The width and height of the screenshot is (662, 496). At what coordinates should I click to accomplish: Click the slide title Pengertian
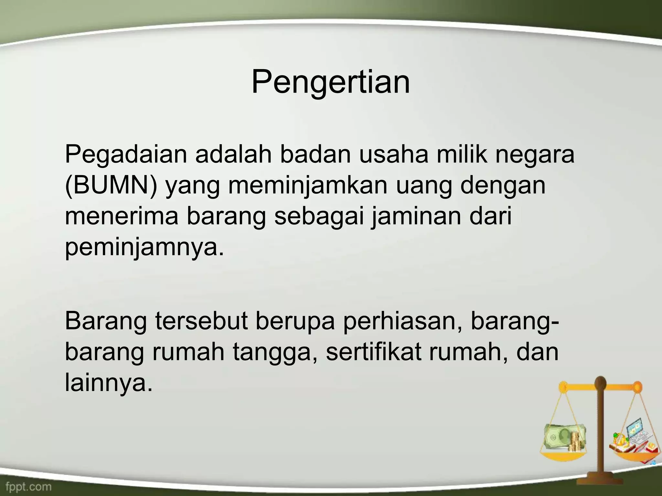pos(331,83)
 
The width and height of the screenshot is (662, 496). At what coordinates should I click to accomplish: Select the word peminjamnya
pos(144,248)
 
